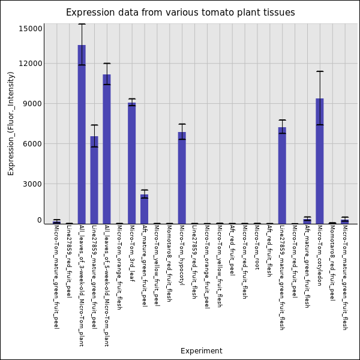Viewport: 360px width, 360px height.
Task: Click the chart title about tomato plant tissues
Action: [x=181, y=13]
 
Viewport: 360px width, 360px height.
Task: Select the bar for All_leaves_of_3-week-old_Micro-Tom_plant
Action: [x=82, y=134]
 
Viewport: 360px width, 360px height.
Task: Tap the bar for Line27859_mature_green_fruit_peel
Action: [x=94, y=180]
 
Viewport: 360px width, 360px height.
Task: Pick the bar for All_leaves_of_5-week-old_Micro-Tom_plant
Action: [x=107, y=149]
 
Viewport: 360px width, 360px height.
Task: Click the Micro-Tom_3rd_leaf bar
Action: [x=132, y=163]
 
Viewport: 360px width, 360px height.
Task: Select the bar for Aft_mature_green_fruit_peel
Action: [x=145, y=209]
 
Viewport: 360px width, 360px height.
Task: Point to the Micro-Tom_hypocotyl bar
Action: [x=182, y=178]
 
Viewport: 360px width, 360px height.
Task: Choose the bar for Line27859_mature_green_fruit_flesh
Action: [x=282, y=175]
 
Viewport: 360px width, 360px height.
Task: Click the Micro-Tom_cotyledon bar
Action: [x=320, y=161]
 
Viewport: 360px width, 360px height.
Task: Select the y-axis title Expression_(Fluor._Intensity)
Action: [x=11, y=124]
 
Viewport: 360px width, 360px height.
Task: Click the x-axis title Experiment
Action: [x=202, y=351]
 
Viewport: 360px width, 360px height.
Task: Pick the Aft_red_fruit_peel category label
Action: [x=232, y=250]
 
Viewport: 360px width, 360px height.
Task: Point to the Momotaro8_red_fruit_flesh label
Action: [x=169, y=263]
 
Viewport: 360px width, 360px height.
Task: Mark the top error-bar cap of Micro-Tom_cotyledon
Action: [x=320, y=71]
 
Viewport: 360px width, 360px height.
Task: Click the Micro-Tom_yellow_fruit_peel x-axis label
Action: [x=157, y=266]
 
